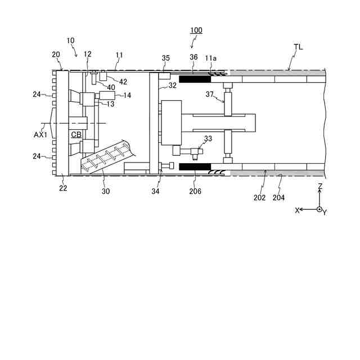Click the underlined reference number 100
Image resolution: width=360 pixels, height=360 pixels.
coord(196,30)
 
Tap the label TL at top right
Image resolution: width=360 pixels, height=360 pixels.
coord(298,48)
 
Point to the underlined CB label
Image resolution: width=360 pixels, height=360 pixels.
coord(76,135)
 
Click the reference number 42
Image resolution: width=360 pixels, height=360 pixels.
coord(123,82)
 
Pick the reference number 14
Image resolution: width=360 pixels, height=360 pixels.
coord(127,96)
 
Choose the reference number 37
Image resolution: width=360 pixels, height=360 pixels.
coord(209,95)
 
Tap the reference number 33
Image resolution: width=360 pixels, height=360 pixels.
coord(208,138)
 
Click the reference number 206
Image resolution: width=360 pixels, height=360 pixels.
coord(195,191)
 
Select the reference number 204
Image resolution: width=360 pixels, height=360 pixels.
coord(278,197)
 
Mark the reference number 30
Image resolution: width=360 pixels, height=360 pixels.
coord(106,191)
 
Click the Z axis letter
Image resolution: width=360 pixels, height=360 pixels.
coord(319,186)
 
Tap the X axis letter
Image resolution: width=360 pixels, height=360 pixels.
coord(298,210)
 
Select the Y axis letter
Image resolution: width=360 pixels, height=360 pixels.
coord(325,213)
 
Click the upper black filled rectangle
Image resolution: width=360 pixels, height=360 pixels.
coord(195,79)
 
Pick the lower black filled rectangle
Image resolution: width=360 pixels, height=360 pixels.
coord(195,167)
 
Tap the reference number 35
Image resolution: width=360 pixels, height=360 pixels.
coord(165,58)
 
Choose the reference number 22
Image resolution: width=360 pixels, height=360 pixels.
coord(63,188)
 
